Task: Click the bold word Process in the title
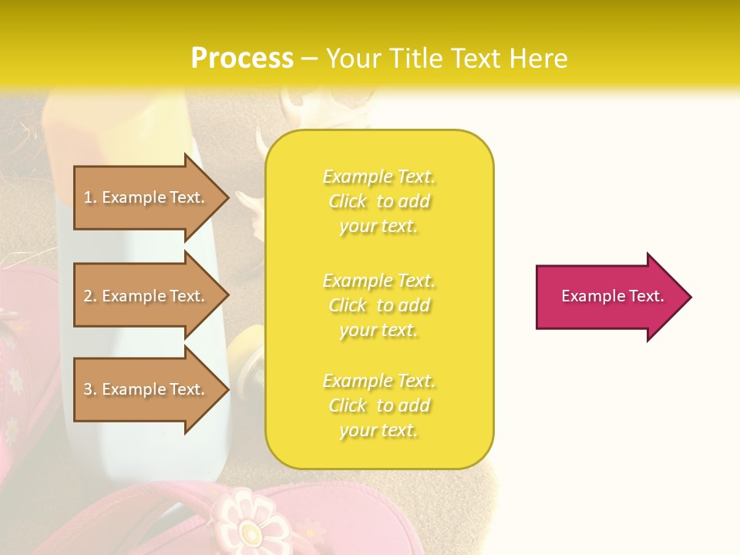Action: click(x=242, y=59)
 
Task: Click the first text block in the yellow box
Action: click(x=378, y=201)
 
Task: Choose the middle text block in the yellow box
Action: click(x=378, y=305)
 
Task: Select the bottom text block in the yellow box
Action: click(x=378, y=405)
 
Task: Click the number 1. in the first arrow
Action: click(x=90, y=197)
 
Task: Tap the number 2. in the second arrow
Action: click(x=90, y=296)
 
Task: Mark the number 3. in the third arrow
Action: click(x=90, y=389)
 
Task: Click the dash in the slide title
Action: click(x=310, y=59)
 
